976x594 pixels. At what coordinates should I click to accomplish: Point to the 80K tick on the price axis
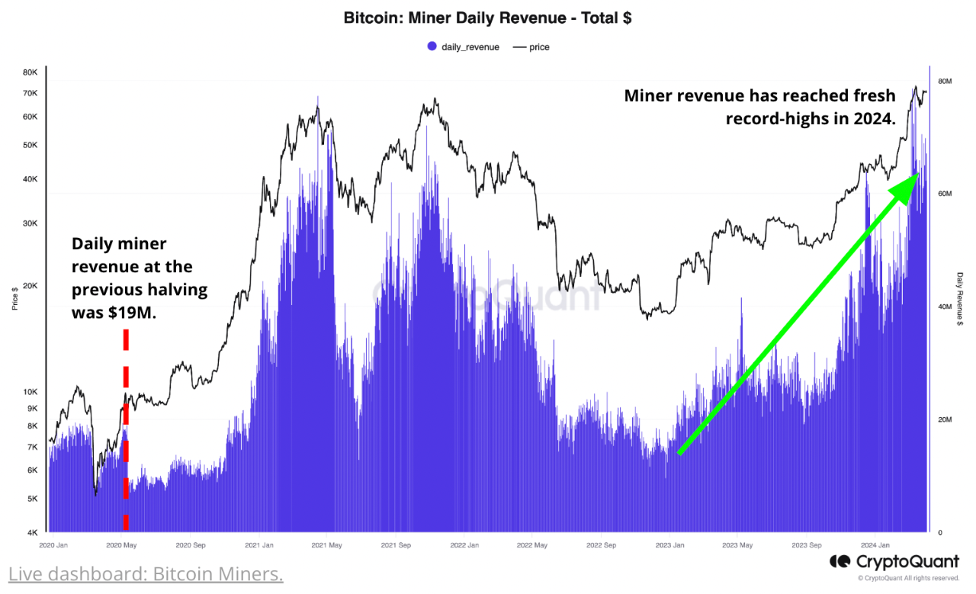[30, 72]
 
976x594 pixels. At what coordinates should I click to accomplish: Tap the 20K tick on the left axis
[30, 286]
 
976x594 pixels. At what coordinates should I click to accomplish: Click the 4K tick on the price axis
[33, 532]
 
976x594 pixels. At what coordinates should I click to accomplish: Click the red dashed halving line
[126, 427]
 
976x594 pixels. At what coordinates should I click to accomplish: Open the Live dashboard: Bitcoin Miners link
[146, 573]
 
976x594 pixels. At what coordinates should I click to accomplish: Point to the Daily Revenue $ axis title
[959, 299]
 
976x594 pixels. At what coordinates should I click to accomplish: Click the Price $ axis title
[14, 300]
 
